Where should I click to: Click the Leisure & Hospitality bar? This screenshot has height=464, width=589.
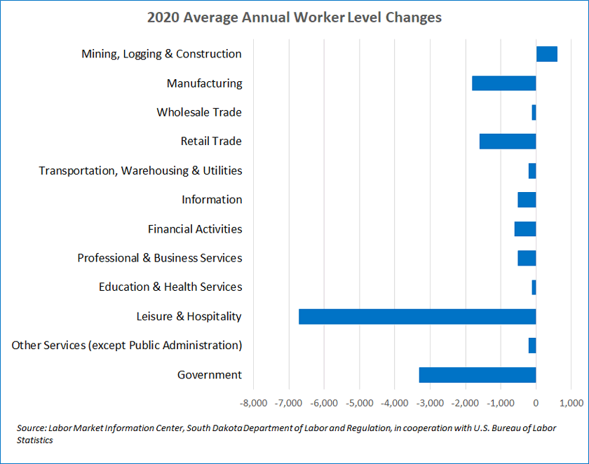[417, 316]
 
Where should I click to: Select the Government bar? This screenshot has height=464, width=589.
[478, 374]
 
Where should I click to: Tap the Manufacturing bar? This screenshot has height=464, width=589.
[503, 83]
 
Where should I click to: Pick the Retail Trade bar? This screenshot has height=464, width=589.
[508, 141]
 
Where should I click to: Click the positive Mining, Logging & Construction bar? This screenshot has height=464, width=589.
[546, 54]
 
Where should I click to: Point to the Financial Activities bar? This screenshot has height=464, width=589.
[525, 229]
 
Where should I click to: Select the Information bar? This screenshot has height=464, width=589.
[527, 200]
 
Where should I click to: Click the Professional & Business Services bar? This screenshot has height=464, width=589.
[527, 258]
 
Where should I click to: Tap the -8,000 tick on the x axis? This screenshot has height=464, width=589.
[253, 403]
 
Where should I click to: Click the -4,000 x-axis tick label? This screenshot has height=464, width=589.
[394, 403]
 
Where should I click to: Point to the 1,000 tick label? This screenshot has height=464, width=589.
[571, 403]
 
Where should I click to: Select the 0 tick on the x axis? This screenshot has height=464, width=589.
[536, 403]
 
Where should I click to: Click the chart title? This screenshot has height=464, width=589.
[294, 17]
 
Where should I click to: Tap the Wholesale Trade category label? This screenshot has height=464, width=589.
[199, 112]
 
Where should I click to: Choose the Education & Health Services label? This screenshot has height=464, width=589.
[170, 287]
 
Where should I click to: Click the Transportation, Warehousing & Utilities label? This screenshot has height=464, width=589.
[140, 170]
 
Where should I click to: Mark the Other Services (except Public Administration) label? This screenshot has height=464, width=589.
[127, 345]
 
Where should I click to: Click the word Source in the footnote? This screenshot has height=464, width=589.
[32, 428]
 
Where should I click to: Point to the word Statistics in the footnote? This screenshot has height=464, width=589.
[35, 441]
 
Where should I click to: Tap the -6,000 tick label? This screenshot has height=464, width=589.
[324, 403]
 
